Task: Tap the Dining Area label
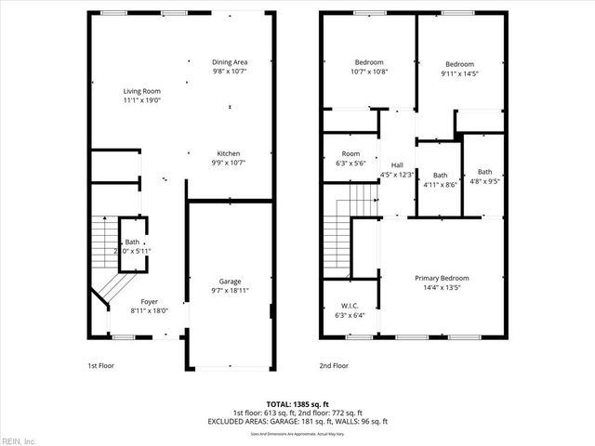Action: [229, 61]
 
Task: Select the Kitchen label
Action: [229, 152]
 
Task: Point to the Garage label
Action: [230, 282]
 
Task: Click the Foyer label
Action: [149, 302]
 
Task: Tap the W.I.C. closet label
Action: [349, 306]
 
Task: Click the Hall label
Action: [397, 165]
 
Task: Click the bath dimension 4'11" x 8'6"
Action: [440, 185]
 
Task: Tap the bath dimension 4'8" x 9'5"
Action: [485, 181]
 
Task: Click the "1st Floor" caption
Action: [99, 366]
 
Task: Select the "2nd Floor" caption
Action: [333, 366]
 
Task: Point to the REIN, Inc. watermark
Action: [19, 439]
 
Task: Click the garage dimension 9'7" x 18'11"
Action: [230, 291]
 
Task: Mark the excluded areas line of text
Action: [297, 422]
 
